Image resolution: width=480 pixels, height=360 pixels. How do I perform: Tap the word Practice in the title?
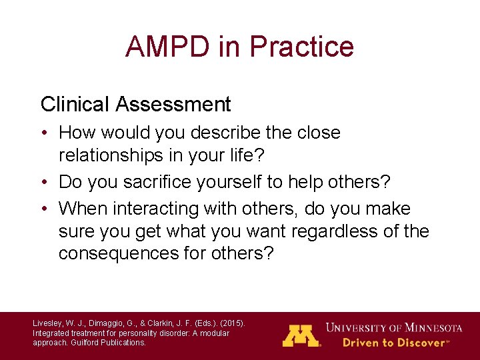pos(302,47)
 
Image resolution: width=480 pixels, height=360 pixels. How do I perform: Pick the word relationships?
pos(113,155)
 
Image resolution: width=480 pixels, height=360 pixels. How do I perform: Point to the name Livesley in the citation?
pos(47,323)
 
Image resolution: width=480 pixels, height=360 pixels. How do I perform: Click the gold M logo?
pos(301,335)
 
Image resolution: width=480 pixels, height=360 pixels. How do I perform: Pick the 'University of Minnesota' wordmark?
pos(394,328)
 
